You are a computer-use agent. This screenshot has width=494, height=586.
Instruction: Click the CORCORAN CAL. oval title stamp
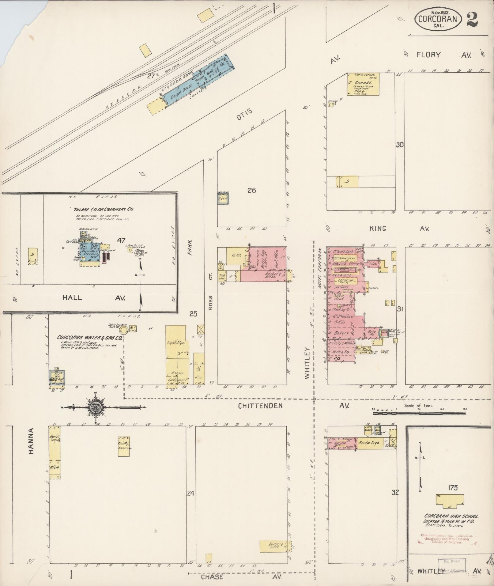coord(437,19)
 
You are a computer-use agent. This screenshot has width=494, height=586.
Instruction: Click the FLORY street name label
coord(428,55)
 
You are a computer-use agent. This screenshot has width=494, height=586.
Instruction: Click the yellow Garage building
coord(363,84)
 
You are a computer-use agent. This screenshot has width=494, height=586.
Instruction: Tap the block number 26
coord(251,191)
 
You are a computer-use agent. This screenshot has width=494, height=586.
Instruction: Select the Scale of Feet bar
coord(419,413)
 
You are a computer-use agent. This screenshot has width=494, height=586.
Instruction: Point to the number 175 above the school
coord(452,488)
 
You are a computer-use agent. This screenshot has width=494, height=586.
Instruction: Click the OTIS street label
coord(244,112)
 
